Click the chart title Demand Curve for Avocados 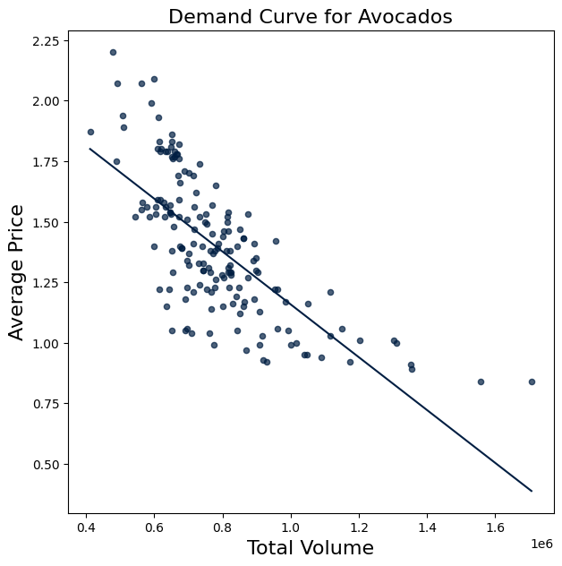[x=310, y=16]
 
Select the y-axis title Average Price [x=16, y=272]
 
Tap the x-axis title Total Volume [x=310, y=547]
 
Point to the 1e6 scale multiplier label [x=541, y=544]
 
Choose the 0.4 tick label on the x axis [x=86, y=527]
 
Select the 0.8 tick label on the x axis [x=223, y=527]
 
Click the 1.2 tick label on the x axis [x=359, y=527]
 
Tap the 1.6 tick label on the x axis [x=495, y=527]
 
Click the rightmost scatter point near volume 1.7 [x=532, y=382]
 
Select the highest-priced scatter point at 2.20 [x=113, y=52]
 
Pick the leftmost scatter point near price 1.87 [x=90, y=132]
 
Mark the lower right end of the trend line [x=532, y=491]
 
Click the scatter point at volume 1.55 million [x=481, y=382]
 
